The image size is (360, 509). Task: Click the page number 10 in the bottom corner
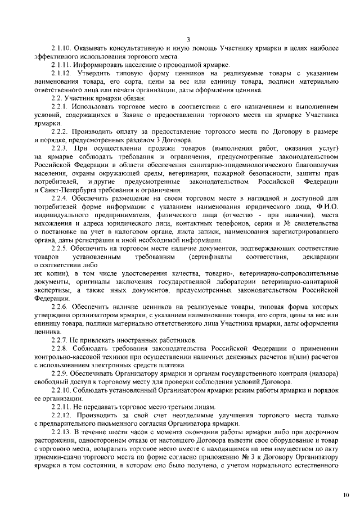pos(345,496)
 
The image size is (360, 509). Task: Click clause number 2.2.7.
pos(59,340)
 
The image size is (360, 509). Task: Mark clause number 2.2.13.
pos(61,431)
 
